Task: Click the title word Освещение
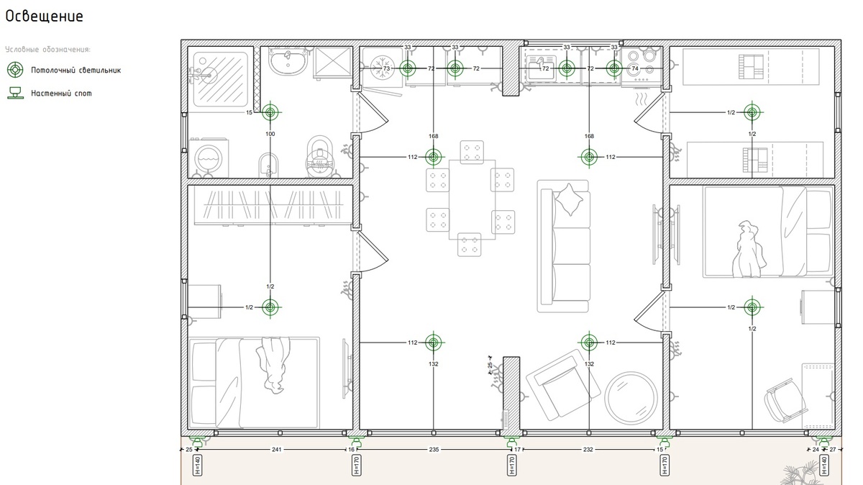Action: pos(44,17)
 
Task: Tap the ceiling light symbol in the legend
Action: pos(15,70)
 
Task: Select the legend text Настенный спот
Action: pos(61,94)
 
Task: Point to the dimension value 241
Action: pos(277,449)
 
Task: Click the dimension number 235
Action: pos(434,449)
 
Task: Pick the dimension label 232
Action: pos(588,449)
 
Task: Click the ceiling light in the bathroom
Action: pos(270,112)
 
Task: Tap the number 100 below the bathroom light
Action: pos(270,134)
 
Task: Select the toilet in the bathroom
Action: pos(319,156)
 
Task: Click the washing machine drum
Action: pos(209,158)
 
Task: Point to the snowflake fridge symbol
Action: pos(382,68)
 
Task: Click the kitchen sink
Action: pos(541,68)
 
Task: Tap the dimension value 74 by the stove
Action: pos(635,68)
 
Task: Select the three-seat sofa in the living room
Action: pos(564,246)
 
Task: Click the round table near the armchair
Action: pos(631,398)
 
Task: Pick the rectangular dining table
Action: pos(472,200)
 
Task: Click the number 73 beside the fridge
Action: pos(386,68)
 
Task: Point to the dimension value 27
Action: pos(833,449)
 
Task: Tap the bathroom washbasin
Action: pos(288,62)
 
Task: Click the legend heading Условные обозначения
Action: pos(47,50)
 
